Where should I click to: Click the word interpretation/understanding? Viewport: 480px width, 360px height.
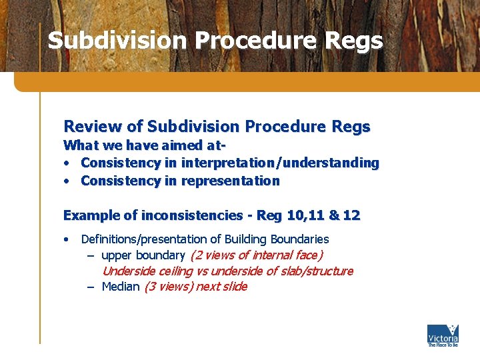[x=280, y=163]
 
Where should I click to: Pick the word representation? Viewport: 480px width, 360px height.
[x=231, y=181]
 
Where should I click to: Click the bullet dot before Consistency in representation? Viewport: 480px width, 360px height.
[x=67, y=181]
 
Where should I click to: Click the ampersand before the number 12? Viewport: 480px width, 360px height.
[x=333, y=215]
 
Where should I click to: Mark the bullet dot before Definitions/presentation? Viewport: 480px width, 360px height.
[x=67, y=239]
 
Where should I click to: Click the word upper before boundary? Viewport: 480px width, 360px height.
[x=117, y=255]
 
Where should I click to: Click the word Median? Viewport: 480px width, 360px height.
[x=121, y=287]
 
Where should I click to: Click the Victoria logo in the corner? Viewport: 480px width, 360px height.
[x=443, y=335]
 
